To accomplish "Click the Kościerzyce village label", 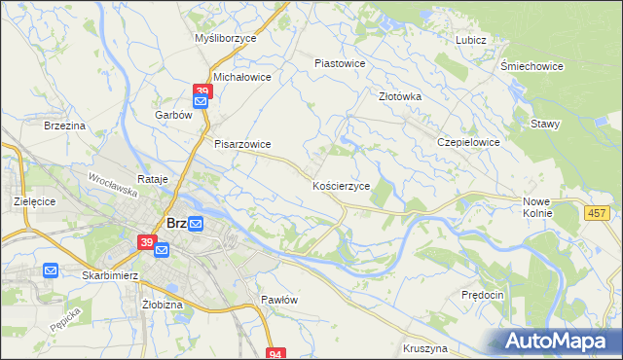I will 341,185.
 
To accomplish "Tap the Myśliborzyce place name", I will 225,38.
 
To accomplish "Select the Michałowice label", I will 241,76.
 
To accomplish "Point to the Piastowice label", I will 340,63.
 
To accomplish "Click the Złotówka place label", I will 399,96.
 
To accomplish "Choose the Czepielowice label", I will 468,142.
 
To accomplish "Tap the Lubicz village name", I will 470,40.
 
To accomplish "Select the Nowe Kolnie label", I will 536,205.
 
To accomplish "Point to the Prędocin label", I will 483,294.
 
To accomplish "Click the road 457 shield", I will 599,212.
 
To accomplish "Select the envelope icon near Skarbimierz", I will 52,270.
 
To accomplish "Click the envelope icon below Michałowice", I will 202,100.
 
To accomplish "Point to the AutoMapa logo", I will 559,341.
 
